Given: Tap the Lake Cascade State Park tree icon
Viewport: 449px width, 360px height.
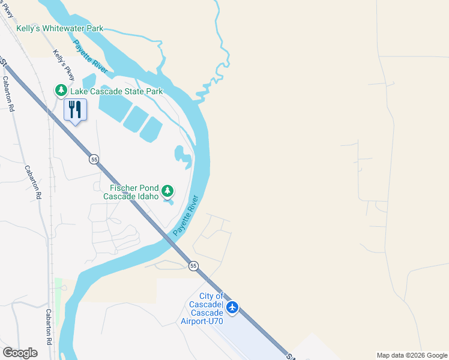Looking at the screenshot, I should pos(61,91).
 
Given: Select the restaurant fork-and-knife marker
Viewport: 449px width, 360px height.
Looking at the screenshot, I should pos(75,110).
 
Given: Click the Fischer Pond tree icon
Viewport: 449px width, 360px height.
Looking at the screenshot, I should pos(168,191).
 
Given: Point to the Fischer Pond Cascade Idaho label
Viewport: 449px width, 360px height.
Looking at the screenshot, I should pos(131,192).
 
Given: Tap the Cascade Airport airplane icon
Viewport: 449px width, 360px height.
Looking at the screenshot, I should pos(232,308).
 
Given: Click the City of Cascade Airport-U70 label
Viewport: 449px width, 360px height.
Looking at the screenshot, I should pos(202,308).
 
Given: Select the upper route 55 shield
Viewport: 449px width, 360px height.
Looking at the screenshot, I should pos(94,159).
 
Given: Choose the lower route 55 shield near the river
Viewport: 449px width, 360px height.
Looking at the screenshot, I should pos(193,265).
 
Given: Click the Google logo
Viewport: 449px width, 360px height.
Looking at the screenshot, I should pos(20,352).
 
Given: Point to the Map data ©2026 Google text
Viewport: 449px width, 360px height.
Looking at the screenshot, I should pos(412,355).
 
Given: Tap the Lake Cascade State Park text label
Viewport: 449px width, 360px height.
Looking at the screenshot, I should pos(116,91).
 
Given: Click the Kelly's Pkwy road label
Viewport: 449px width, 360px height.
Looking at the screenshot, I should pos(64,65).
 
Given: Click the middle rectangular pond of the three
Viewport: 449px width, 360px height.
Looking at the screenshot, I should pos(136,119).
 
